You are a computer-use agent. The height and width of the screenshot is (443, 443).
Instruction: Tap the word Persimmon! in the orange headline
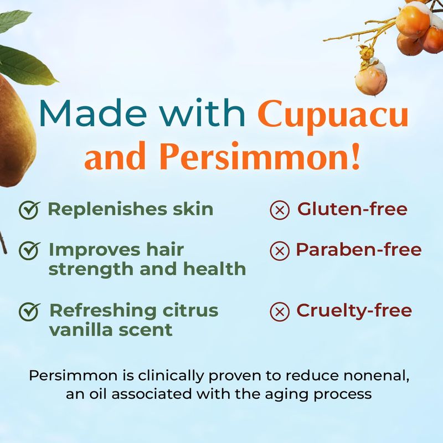pos(261,156)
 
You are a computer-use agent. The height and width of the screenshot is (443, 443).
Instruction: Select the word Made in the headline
pos(93,112)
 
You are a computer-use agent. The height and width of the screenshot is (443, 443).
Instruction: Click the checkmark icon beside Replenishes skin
pos(29,210)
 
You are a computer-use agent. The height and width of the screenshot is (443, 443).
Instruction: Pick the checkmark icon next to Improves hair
pos(29,250)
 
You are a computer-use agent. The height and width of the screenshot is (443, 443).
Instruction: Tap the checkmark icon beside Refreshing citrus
pos(29,311)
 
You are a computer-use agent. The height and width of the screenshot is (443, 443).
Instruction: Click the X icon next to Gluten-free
pos(280,210)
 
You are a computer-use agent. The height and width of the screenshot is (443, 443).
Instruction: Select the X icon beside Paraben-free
pos(280,251)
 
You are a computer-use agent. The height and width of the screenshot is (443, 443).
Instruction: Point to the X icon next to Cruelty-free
pos(280,312)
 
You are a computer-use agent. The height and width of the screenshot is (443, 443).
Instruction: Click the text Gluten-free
pos(352,209)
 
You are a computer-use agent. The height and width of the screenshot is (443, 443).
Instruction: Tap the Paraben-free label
pos(358,250)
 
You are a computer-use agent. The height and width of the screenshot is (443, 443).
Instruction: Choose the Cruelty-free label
pos(354,311)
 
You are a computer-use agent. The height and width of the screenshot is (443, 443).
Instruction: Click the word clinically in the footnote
pos(171,377)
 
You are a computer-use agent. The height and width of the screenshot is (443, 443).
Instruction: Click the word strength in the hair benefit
pos(91,270)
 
